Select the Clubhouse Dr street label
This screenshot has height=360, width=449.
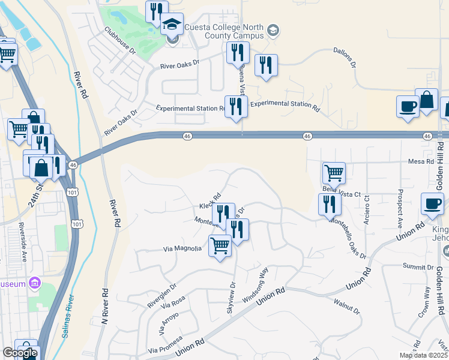(x=119, y=40)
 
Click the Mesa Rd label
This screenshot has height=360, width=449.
(x=420, y=161)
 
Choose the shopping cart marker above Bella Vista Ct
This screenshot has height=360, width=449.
(x=334, y=173)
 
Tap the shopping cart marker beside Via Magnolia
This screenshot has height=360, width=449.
(x=220, y=245)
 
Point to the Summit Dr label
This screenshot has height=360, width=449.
(x=418, y=266)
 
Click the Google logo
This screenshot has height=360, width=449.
(x=20, y=353)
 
